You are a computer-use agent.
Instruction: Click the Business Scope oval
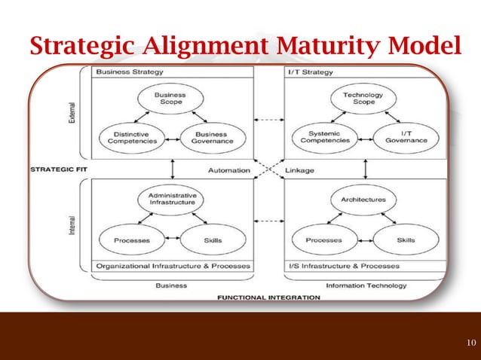coord(170,99)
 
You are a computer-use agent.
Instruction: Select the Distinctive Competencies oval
coord(130,136)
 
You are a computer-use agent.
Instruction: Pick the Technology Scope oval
coord(363,99)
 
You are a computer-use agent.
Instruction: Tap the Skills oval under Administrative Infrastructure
coord(213,240)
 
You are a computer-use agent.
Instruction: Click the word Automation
coord(229,170)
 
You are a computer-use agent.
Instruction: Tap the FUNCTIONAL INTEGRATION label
coord(268,297)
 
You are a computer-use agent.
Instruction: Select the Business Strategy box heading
coord(119,72)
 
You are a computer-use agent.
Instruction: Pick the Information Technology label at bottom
coord(366,285)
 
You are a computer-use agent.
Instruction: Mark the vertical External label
coord(71,111)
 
